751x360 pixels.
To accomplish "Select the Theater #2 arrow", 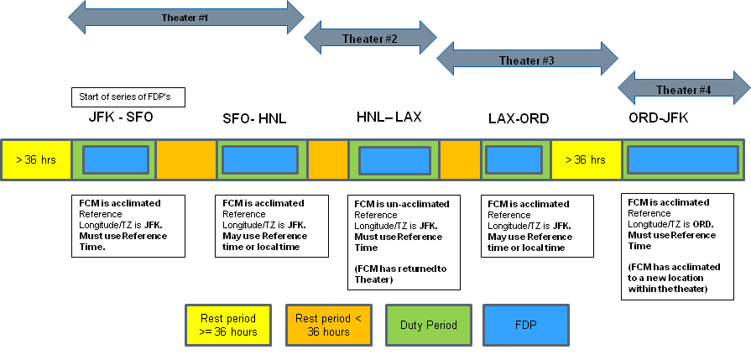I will pos(370,38).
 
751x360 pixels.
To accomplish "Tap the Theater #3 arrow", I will pos(526,60).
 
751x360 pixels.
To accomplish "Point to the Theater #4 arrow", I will pos(683,89).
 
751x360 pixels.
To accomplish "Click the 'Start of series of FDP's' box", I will pos(128,97).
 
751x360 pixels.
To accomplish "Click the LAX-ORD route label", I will pos(519,119).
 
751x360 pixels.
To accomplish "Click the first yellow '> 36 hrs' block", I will pos(36,159).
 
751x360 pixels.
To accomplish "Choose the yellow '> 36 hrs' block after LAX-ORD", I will pos(586,159).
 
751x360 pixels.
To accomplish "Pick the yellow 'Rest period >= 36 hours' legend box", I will pos(227,323).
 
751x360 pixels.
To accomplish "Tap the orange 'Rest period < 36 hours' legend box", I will pos(327,323).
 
